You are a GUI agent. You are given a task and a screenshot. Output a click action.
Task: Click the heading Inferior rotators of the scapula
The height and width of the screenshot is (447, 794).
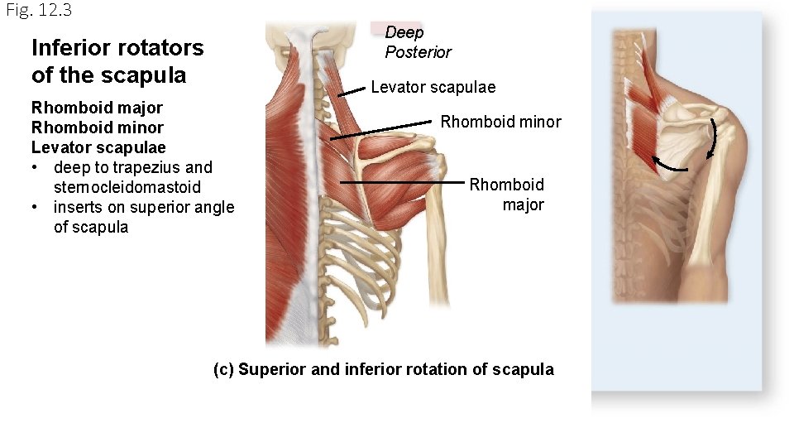pos(117,61)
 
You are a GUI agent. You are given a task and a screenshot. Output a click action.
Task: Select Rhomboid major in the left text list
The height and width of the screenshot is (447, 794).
pos(97,108)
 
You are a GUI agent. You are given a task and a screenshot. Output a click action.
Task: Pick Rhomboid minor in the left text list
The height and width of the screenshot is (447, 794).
pos(97,127)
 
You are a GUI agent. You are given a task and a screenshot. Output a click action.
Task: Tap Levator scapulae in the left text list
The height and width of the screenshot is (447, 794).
pos(98,147)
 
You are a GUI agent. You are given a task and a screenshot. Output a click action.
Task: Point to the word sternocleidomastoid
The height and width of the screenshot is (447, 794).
pos(127,187)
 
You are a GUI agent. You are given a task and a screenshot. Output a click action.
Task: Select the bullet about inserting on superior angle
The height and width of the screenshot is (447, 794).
pos(143,217)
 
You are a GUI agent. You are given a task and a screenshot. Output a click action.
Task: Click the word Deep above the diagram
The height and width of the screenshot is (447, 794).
pos(404,33)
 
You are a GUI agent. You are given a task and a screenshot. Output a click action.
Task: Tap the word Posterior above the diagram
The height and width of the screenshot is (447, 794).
pos(418,52)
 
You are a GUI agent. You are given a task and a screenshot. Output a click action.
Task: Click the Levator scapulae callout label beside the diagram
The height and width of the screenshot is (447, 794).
pos(433,87)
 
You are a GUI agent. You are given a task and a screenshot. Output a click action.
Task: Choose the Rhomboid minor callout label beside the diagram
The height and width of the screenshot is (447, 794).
pos(500,123)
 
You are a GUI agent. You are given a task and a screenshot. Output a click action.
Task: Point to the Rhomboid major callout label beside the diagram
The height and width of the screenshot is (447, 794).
pos(507,194)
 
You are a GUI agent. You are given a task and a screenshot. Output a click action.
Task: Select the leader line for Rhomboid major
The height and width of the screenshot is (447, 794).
pos(405,181)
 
